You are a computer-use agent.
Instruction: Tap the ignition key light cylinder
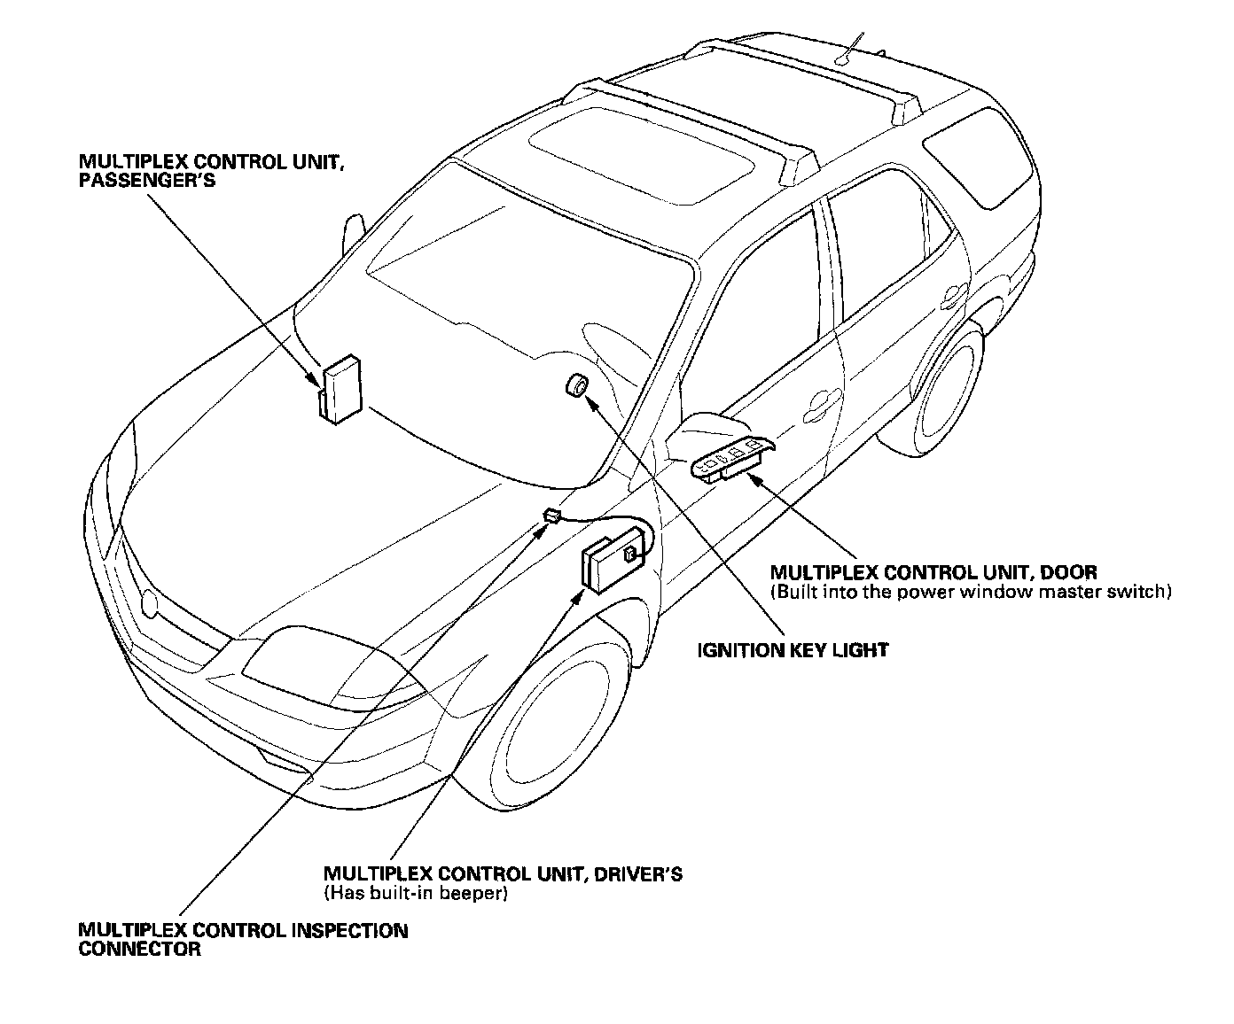click(578, 386)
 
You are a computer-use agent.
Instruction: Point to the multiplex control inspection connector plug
click(551, 515)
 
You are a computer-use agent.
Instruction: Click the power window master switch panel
click(732, 458)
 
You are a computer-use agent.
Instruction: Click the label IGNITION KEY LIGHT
click(793, 650)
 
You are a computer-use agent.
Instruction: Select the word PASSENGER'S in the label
click(147, 180)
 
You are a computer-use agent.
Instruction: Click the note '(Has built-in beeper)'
click(416, 893)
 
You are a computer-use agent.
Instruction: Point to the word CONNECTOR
click(139, 950)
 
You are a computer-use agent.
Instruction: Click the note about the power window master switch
click(971, 592)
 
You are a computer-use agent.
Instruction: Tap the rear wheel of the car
click(949, 390)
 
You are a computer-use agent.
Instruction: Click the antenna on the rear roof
click(851, 49)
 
